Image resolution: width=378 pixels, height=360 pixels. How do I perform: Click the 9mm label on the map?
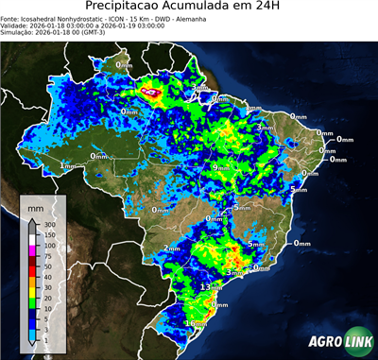coord(221,167)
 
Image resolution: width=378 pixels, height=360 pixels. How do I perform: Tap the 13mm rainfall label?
coord(211,285)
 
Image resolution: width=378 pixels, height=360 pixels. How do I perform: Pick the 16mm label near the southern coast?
coord(196,324)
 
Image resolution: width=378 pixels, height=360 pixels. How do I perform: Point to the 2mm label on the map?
coord(172,249)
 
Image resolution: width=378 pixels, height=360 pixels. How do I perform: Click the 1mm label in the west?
coord(67,165)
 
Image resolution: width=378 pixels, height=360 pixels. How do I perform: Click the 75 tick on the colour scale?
coord(47,255)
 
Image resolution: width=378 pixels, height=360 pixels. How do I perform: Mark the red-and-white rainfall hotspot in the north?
coord(151,93)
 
